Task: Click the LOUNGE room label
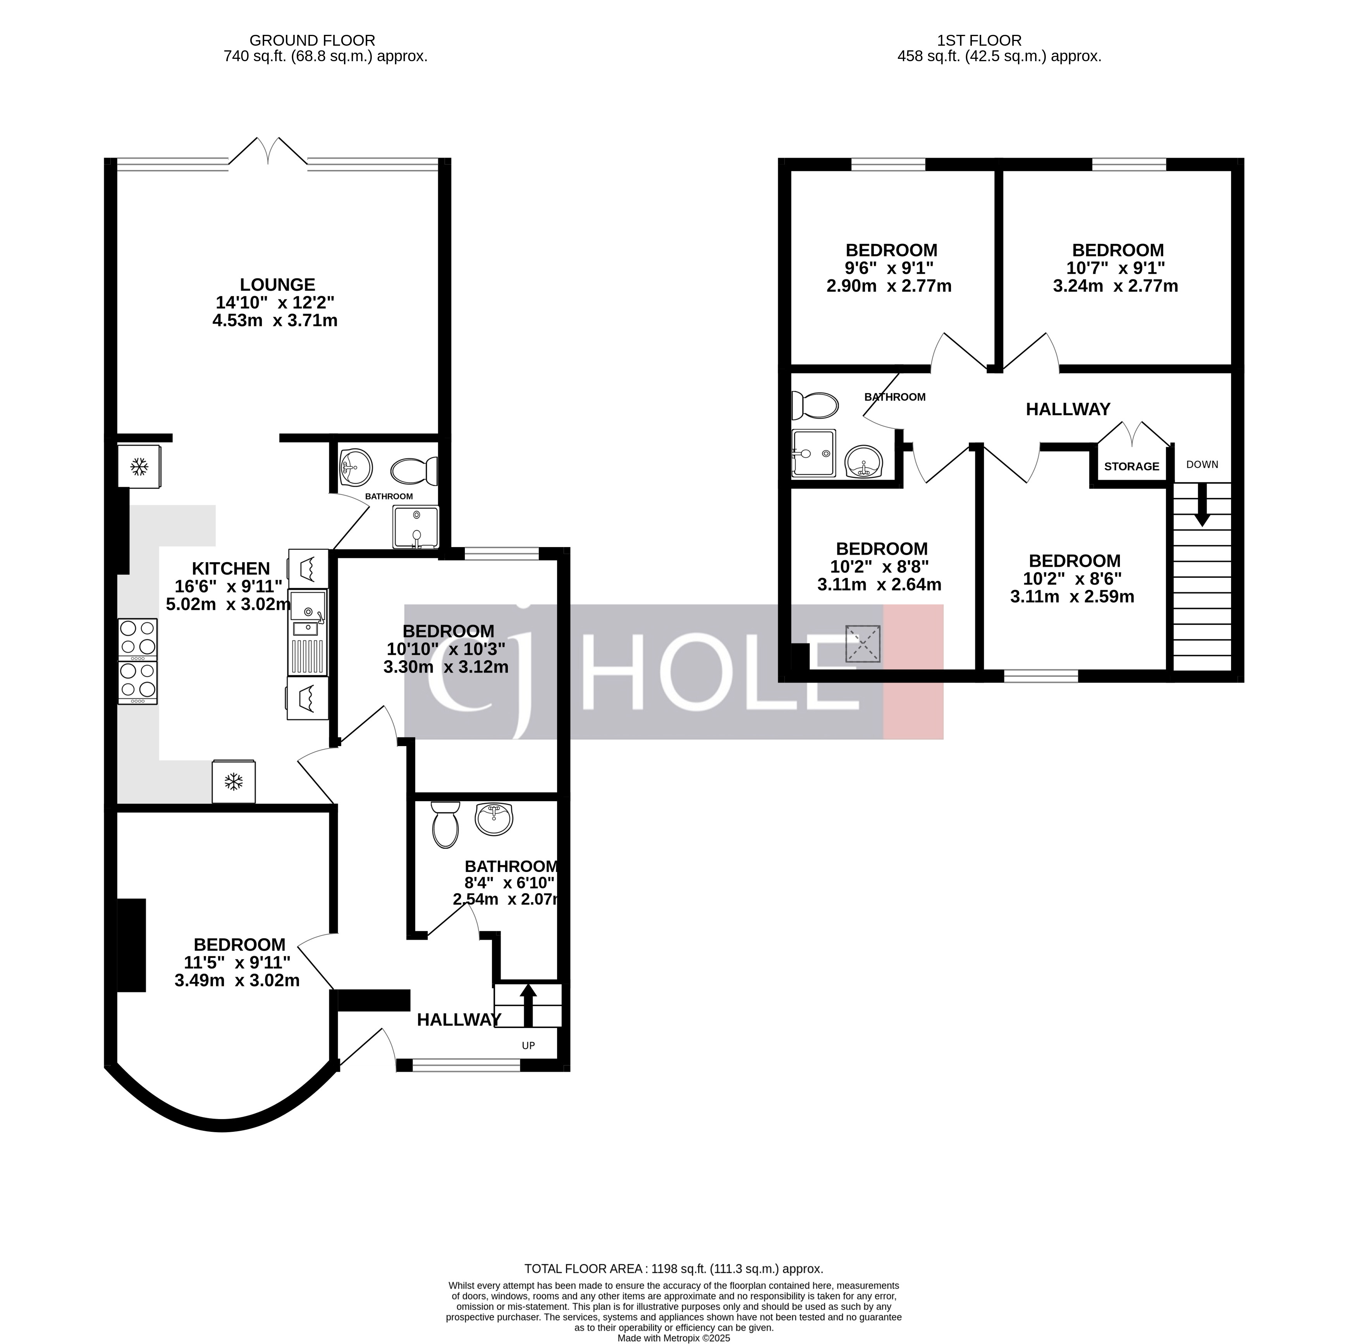pyautogui.click(x=278, y=285)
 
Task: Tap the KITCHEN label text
pyautogui.click(x=231, y=568)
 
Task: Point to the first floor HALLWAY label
pyautogui.click(x=1068, y=409)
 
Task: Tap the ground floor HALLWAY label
pyautogui.click(x=458, y=1020)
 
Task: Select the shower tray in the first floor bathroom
pyautogui.click(x=813, y=453)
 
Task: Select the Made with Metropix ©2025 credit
pyautogui.click(x=673, y=1339)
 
